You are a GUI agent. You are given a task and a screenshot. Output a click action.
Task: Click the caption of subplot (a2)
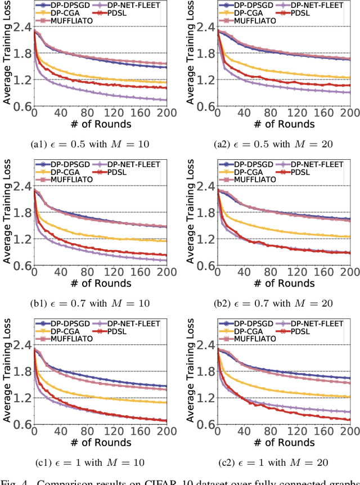[x=274, y=144]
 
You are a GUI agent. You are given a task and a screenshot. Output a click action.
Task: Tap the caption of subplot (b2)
[x=274, y=303]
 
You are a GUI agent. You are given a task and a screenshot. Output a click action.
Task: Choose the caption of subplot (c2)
[x=274, y=462]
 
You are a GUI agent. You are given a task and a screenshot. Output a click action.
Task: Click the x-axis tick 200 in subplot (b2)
[x=349, y=272]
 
